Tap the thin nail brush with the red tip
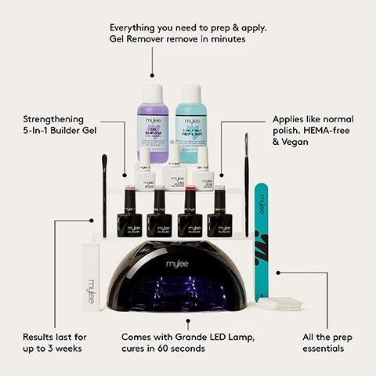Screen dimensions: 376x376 (246, 184)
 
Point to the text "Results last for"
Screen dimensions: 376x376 (55, 336)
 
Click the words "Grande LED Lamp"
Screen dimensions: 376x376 (217, 336)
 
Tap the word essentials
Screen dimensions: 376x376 (323, 349)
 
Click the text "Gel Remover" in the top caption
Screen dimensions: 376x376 (143, 39)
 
